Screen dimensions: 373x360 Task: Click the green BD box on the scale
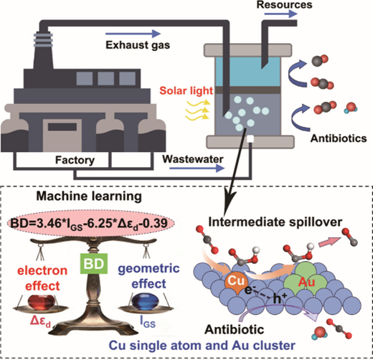[x=94, y=264]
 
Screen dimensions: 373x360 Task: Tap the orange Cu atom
[x=236, y=282]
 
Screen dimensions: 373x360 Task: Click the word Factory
[x=75, y=160]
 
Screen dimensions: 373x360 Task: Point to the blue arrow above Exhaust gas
[x=133, y=34]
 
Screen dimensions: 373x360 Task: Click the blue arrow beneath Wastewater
[x=197, y=169]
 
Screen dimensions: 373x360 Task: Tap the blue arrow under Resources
[x=280, y=14]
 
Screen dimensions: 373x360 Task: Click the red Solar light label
[x=186, y=91]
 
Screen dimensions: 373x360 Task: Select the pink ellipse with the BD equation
[x=91, y=223]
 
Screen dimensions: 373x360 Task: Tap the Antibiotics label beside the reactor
[x=339, y=138]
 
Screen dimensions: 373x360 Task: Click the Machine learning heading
[x=89, y=196]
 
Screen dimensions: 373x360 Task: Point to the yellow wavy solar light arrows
[x=197, y=110]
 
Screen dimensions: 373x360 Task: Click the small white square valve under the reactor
[x=250, y=139]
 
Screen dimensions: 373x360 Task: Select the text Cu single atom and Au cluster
[x=202, y=345]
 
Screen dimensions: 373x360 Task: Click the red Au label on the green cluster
[x=307, y=283]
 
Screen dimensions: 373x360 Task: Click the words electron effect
[x=42, y=278]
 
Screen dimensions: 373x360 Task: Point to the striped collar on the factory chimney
[x=43, y=40]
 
